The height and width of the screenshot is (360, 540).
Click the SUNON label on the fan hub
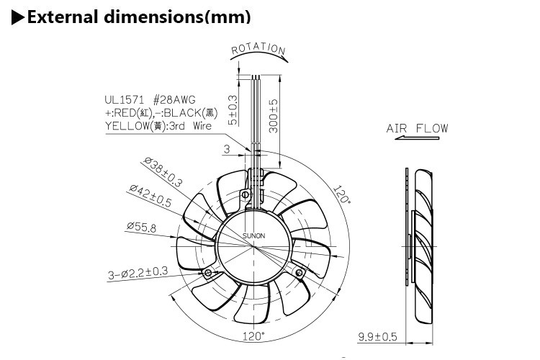(252, 235)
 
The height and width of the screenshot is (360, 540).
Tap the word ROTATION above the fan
(258, 50)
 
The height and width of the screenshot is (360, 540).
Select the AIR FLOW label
(417, 129)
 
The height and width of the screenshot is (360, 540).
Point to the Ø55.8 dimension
(143, 227)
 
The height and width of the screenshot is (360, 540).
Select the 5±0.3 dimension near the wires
(232, 109)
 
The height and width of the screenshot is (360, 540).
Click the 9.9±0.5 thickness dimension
(377, 336)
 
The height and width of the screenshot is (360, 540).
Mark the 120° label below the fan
(253, 336)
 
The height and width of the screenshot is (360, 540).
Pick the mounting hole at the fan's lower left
(209, 274)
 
